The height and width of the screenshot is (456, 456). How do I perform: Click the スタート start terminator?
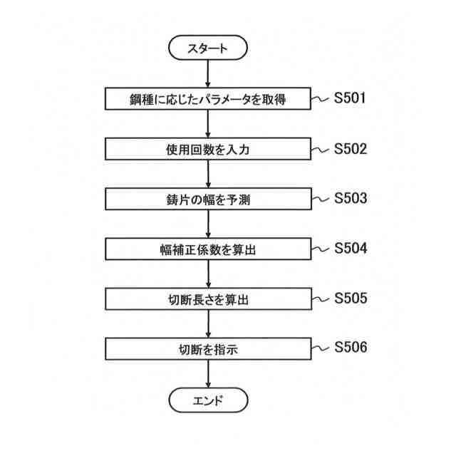click(x=208, y=48)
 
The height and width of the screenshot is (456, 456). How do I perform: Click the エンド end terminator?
click(x=208, y=399)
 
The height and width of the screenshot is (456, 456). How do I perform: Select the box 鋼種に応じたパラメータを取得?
click(x=208, y=99)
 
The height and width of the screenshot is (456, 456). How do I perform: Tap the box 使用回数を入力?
click(x=208, y=150)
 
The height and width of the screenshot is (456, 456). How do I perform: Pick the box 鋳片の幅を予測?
click(x=208, y=199)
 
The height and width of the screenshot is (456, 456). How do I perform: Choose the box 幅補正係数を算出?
click(x=208, y=249)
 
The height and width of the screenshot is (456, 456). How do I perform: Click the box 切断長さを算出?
click(x=208, y=299)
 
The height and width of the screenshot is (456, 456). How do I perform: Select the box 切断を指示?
click(x=208, y=349)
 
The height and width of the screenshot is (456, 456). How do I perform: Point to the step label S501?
click(x=351, y=98)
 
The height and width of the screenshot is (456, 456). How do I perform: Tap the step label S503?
click(x=351, y=198)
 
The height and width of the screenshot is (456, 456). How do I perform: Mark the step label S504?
click(x=351, y=248)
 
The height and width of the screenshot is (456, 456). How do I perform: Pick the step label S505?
click(x=351, y=298)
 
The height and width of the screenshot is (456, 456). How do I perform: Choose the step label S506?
click(x=351, y=348)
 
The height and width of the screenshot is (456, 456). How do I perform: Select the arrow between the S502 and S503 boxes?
click(x=208, y=175)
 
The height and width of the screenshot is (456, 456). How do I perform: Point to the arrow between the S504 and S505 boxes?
click(x=208, y=274)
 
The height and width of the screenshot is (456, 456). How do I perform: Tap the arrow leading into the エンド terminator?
click(x=208, y=374)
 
